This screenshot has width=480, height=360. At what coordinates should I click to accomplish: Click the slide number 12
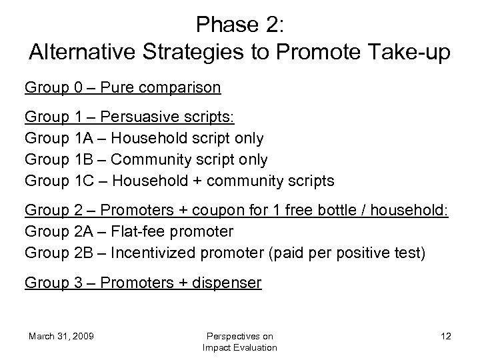445,336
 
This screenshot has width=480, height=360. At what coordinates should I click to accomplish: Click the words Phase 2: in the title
240,25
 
